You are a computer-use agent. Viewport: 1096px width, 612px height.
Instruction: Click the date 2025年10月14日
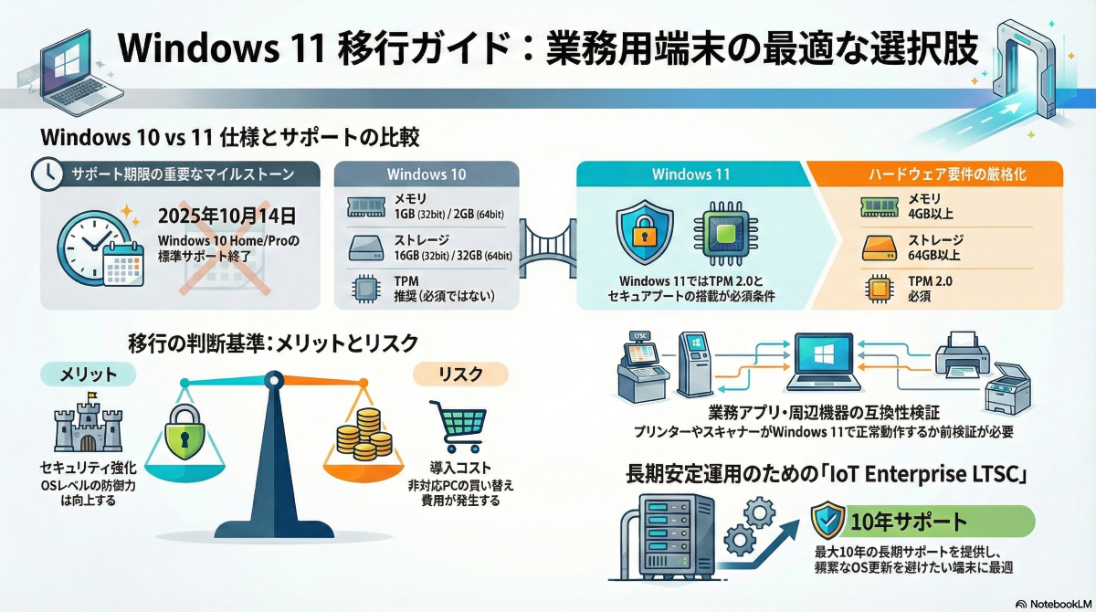click(x=227, y=216)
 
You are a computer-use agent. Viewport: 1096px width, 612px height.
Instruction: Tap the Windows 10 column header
click(x=427, y=174)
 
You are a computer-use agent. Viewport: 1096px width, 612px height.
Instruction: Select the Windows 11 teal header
click(x=690, y=174)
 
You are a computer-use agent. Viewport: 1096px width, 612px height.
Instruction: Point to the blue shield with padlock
click(x=645, y=235)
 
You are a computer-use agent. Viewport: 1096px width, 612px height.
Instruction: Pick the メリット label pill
click(x=89, y=374)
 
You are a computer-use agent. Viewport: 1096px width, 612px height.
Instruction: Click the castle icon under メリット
click(x=88, y=425)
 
